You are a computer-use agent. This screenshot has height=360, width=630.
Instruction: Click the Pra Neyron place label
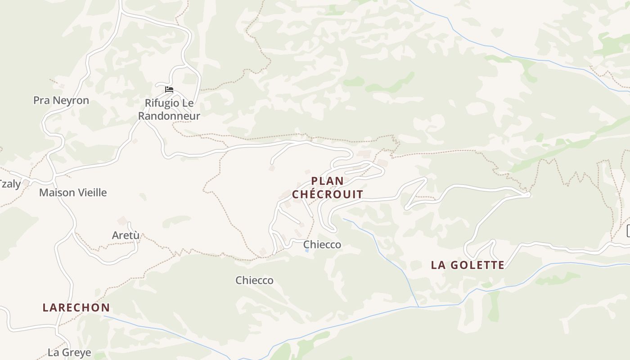coord(61,100)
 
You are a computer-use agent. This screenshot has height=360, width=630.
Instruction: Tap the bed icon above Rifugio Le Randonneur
coord(169,90)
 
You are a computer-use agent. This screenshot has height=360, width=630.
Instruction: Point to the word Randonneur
coord(169,116)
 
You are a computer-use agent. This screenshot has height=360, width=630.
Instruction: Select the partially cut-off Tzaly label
coord(10,184)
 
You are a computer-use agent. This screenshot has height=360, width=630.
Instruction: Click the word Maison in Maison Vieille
coord(57,193)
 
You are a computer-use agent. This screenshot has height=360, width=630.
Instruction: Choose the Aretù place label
coord(126,235)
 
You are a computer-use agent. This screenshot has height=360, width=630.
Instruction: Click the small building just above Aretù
coord(122,220)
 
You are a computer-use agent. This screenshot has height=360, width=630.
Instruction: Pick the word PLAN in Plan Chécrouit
coord(328,181)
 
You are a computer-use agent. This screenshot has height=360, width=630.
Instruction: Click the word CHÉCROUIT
coord(328,194)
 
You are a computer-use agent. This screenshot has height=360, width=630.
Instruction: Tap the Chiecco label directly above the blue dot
coord(322,244)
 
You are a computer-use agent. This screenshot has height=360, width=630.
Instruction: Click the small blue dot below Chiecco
coord(307,251)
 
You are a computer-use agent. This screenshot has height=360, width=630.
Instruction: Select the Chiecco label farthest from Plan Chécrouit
coord(254,280)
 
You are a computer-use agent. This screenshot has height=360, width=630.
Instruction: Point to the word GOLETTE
coord(477,265)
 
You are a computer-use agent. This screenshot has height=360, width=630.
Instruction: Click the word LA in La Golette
coord(439,265)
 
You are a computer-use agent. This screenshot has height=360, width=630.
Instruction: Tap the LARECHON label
coord(76,308)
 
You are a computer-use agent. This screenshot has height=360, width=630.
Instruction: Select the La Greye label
coord(69,352)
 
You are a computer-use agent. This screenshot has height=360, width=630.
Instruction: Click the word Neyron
coord(72,100)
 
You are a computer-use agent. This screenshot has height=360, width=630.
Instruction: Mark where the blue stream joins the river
coord(418,307)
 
